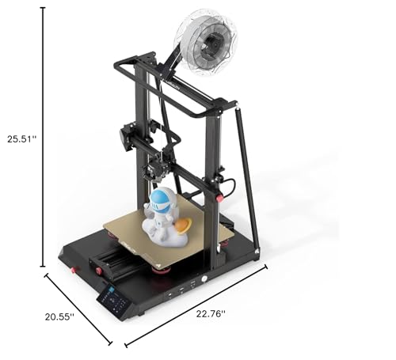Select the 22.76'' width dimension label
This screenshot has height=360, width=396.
(x=211, y=313)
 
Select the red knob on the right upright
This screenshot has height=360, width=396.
(x=219, y=198)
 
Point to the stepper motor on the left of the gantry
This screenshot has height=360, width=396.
(x=128, y=135)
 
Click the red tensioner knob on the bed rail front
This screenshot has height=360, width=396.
(x=100, y=271)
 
